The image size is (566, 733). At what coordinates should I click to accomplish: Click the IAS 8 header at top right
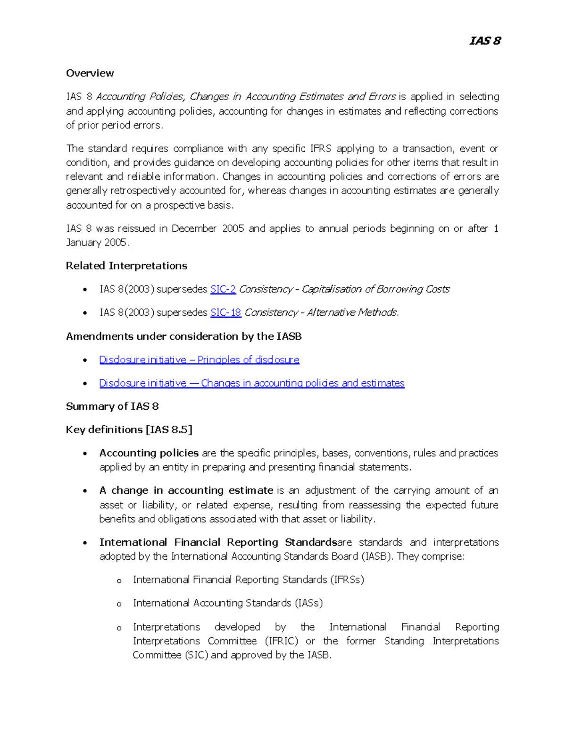[485, 41]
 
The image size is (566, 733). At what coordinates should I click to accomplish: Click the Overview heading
[90, 73]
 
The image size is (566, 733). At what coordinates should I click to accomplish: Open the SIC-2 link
[223, 289]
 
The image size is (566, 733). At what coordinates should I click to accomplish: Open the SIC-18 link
[225, 312]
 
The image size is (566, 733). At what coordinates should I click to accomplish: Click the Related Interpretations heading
[126, 266]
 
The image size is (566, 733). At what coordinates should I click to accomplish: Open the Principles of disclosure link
[199, 360]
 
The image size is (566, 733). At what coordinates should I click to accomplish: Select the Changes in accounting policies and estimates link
[251, 383]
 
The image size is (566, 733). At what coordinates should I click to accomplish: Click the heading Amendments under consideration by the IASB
[183, 336]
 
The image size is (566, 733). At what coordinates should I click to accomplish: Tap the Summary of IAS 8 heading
[112, 406]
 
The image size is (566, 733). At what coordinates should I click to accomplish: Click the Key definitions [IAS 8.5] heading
[129, 430]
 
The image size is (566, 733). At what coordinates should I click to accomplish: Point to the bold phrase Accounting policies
[149, 453]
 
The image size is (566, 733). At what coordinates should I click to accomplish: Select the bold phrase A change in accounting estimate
[186, 490]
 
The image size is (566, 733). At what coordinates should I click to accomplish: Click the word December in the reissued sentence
[193, 228]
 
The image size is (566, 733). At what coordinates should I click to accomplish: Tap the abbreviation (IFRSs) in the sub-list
[347, 580]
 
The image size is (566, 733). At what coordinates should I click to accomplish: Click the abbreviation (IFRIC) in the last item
[281, 641]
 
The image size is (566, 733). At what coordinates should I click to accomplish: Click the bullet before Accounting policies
[85, 454]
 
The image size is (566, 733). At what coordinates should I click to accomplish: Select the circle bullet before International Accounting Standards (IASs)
[119, 604]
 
